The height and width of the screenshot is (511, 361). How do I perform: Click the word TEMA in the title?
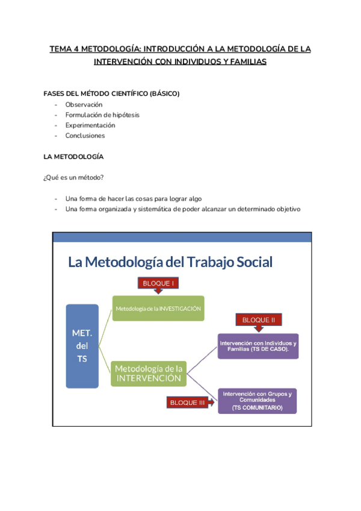(x=60, y=49)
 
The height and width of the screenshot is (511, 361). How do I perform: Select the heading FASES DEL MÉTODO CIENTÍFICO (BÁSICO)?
(x=111, y=93)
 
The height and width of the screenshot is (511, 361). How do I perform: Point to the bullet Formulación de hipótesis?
(x=102, y=114)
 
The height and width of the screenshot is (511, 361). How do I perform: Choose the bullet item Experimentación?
(x=90, y=125)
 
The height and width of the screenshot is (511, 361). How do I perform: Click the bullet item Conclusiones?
(x=85, y=136)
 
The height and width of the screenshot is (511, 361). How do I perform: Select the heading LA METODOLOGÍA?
(x=73, y=157)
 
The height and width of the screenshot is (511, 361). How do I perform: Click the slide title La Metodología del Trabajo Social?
(x=170, y=262)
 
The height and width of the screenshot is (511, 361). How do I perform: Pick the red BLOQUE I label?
(x=158, y=283)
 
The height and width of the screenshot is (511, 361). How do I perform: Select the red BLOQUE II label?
(x=259, y=319)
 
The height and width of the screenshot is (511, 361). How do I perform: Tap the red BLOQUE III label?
(x=187, y=403)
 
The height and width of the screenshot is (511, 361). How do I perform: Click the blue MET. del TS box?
(x=82, y=346)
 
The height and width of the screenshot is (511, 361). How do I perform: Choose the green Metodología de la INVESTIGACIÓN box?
(x=158, y=308)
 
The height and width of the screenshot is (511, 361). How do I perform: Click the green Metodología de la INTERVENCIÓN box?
(x=149, y=373)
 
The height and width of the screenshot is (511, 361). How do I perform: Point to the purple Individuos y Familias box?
(x=258, y=346)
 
